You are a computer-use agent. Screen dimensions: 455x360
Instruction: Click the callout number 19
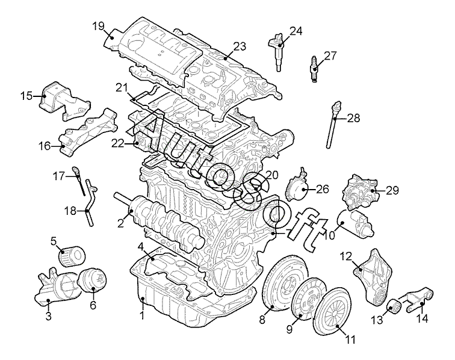pyautogui.click(x=99, y=26)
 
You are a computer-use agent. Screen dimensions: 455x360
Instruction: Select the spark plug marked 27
pyautogui.click(x=314, y=69)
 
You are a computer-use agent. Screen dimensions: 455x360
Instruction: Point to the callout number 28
pyautogui.click(x=353, y=118)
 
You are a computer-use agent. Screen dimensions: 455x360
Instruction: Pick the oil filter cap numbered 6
pyautogui.click(x=93, y=281)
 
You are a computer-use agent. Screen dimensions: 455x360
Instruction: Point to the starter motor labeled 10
pyautogui.click(x=356, y=222)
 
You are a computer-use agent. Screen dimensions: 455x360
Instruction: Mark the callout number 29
pyautogui.click(x=392, y=190)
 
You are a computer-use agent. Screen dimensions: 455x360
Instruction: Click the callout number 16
pyautogui.click(x=45, y=146)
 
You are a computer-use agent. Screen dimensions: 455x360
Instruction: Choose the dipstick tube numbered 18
pyautogui.click(x=89, y=203)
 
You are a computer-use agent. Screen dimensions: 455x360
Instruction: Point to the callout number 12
pyautogui.click(x=346, y=256)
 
